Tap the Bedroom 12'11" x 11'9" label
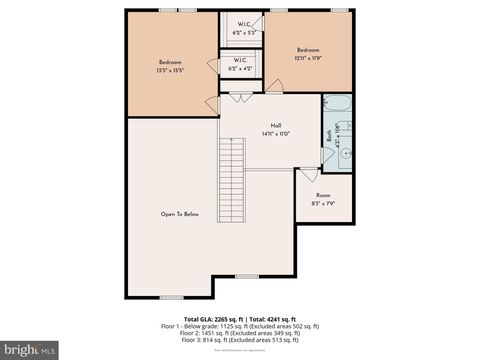[307, 54]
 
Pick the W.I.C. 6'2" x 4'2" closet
[240, 65]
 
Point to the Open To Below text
[180, 214]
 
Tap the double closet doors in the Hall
[240, 98]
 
